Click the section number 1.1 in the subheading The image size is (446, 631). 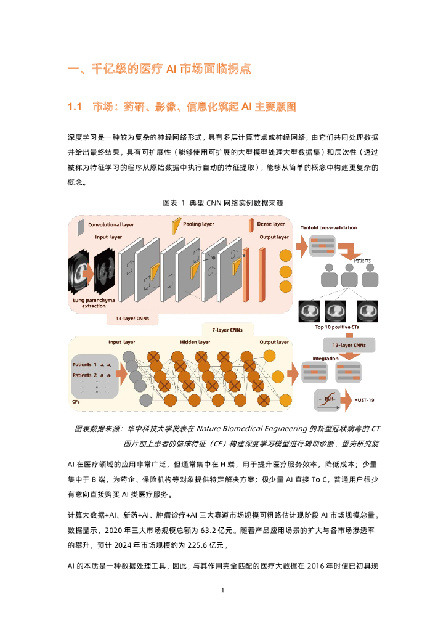click(x=75, y=107)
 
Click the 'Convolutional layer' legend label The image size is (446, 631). click(x=111, y=224)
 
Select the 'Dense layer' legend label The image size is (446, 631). click(x=271, y=224)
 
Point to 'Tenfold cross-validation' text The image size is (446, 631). click(x=328, y=227)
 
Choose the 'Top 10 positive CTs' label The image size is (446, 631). click(x=336, y=327)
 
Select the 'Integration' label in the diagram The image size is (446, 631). click(x=325, y=358)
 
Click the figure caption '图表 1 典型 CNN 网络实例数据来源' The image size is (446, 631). click(x=222, y=202)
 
